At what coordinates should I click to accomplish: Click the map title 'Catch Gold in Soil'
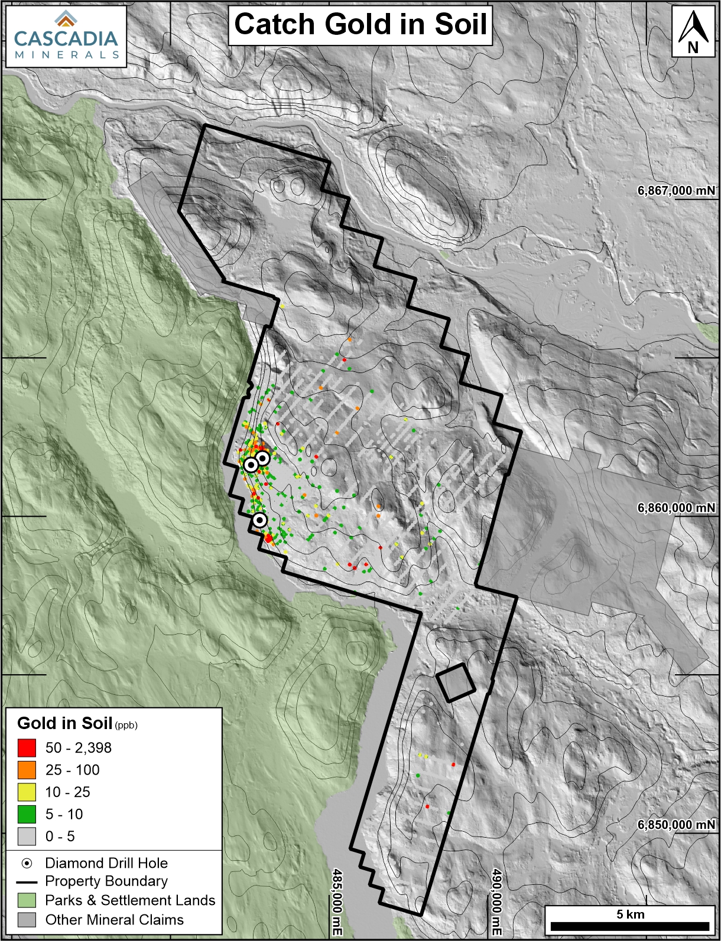pos(360,25)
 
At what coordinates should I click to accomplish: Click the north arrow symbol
pos(693,31)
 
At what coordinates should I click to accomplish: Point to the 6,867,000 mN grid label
pos(675,191)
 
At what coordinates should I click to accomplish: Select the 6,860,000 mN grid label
pos(675,508)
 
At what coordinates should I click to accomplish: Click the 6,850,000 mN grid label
pos(675,825)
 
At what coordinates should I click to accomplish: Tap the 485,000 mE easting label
pos(337,901)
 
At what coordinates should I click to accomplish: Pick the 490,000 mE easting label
pos(496,901)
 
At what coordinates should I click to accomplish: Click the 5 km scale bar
pos(630,926)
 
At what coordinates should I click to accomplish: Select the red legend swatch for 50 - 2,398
pos(27,748)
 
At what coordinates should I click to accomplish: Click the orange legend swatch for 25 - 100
pos(27,770)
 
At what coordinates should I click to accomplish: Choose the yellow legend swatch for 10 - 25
pos(27,792)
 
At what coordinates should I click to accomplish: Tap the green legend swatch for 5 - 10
pos(27,814)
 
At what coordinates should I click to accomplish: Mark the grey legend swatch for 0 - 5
pos(27,837)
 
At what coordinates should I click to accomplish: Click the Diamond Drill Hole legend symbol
pos(27,863)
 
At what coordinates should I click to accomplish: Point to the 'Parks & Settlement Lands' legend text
pos(130,900)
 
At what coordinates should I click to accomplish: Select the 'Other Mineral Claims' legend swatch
pos(27,920)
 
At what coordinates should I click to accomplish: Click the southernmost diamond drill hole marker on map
pos(259,519)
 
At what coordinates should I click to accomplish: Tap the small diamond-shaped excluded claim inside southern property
pos(456,682)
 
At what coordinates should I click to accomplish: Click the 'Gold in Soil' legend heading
pos(65,723)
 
